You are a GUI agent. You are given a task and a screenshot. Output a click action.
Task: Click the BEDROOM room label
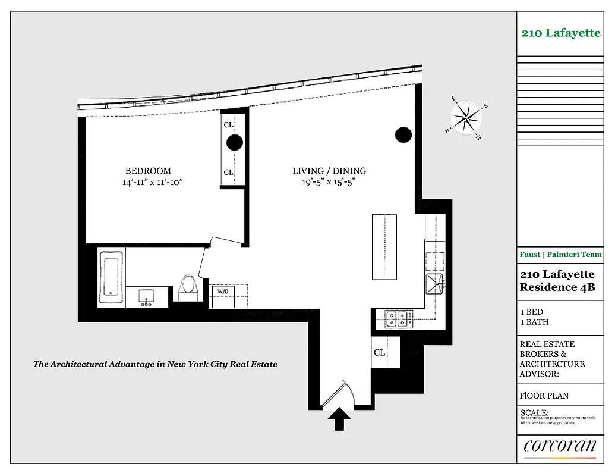pos(148,171)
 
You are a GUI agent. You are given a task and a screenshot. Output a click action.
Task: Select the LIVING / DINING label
pos(329,171)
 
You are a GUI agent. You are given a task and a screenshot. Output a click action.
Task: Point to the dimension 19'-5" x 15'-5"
pos(329,183)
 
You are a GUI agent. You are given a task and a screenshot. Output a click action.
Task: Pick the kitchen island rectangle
pos(384,247)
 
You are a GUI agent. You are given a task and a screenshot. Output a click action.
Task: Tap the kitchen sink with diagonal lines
pos(435,285)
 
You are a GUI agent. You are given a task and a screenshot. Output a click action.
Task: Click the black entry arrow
pos(339,418)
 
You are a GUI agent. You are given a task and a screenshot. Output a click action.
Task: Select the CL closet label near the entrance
pos(379,352)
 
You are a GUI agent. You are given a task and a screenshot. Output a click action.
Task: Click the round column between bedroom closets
pos(235,142)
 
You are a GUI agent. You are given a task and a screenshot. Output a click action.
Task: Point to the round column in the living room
pos(403,135)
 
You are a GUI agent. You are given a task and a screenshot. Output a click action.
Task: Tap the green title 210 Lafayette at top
pos(561,33)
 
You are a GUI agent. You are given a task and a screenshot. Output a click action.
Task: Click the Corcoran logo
pos(559,446)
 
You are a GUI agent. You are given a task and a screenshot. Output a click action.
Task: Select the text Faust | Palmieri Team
pos(560,255)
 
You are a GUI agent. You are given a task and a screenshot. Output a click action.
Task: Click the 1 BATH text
pos(534,322)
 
